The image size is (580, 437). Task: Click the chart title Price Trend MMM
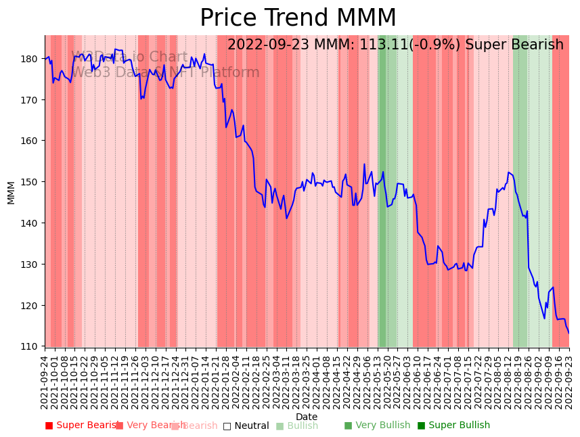pos(298,18)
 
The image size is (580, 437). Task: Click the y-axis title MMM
pos(11,192)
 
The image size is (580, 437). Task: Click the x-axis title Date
pos(307,417)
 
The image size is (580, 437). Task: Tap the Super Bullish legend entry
pos(453,425)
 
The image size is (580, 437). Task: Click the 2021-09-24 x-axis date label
pos(45,382)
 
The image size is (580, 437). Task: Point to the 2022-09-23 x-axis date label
pos(569,382)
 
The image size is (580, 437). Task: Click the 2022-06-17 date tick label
pos(428,382)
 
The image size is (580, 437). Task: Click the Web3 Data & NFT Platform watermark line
pos(165,72)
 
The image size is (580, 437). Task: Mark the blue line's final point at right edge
pos(568,333)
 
